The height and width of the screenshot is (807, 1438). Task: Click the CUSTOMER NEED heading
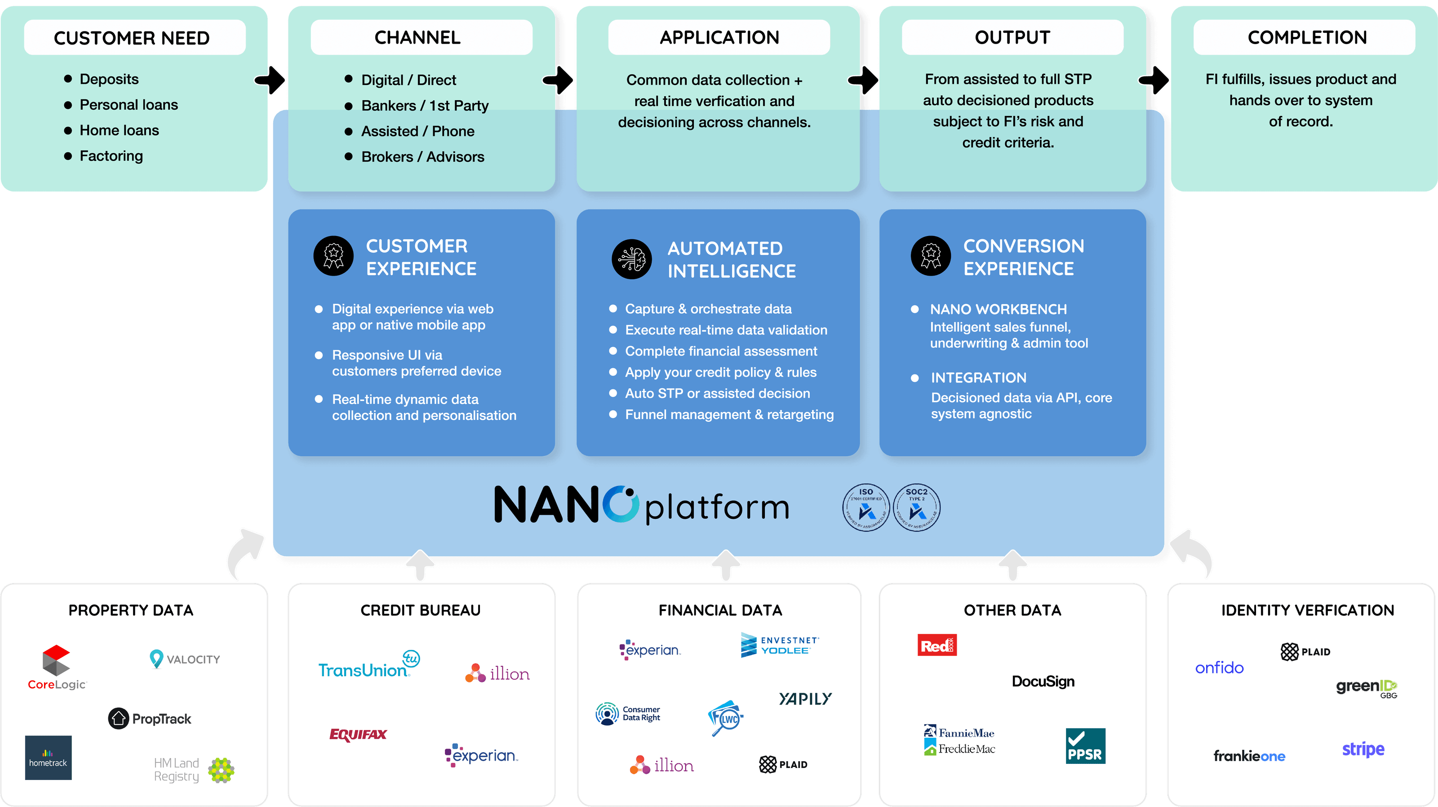pos(132,38)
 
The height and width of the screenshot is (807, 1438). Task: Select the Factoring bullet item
pos(111,156)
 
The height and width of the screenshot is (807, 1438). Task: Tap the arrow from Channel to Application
pos(559,80)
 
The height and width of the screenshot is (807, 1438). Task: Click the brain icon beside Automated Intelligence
pos(631,259)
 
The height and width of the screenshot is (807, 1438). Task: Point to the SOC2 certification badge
pos(917,507)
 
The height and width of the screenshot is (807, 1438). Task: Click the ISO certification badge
pos(866,507)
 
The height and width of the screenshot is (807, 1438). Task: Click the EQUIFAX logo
pos(358,735)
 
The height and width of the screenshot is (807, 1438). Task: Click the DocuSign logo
pos(1043,682)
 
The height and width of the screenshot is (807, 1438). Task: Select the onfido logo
pos(1219,668)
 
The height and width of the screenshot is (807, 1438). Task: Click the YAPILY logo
pos(805,699)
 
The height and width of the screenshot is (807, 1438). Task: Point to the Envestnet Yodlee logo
pos(779,645)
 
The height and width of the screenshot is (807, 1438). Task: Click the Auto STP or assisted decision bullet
pos(717,393)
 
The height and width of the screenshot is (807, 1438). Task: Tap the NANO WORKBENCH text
pos(998,309)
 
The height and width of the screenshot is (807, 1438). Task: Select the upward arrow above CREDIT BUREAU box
pos(420,564)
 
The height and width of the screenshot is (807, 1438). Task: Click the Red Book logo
pos(936,645)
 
